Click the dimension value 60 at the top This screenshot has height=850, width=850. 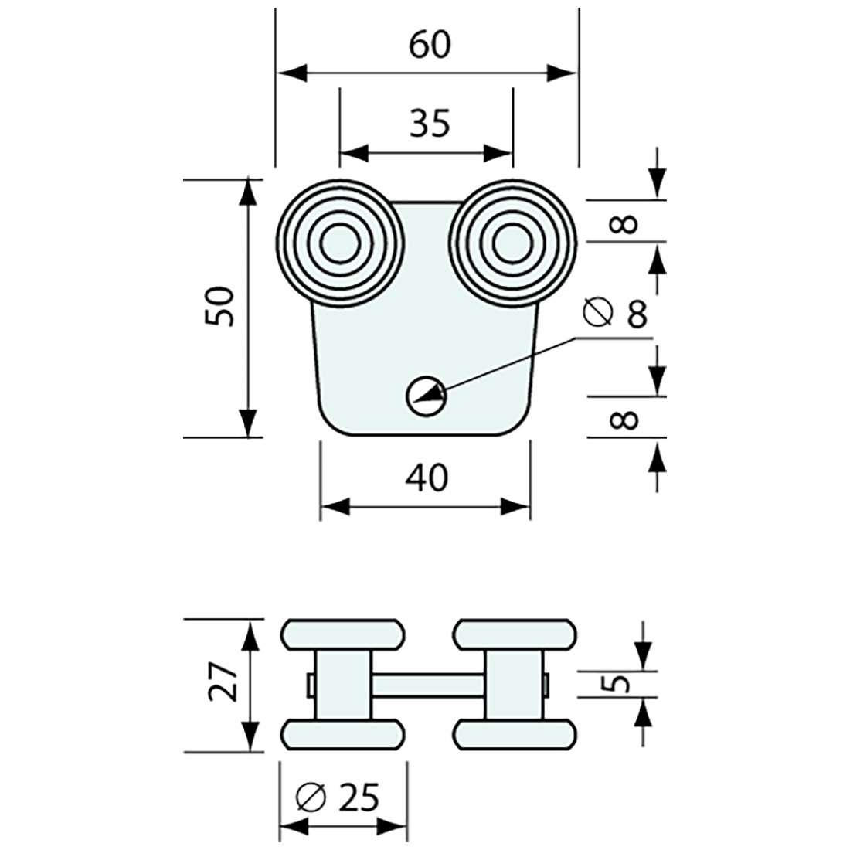coord(429,46)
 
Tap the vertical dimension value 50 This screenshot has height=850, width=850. coord(220,307)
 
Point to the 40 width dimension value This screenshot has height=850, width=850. coord(426,478)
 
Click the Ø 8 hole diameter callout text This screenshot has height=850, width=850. coord(617,312)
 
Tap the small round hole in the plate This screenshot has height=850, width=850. coord(426,396)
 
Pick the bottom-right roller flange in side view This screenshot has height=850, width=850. coord(515,735)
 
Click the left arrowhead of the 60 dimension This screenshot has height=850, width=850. coord(291,74)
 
